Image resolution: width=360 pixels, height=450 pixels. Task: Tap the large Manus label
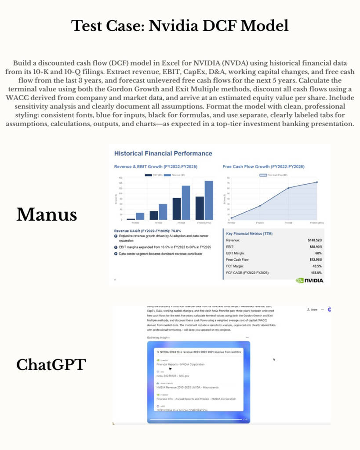point(47,214)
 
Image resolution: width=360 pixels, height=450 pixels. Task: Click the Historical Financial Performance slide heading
point(163,153)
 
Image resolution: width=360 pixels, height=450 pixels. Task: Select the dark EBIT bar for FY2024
point(177,208)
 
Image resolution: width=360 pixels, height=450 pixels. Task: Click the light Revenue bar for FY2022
point(140,216)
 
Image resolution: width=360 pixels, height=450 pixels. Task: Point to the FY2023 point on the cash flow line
point(260,205)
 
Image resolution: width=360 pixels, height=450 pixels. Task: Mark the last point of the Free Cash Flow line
point(317,182)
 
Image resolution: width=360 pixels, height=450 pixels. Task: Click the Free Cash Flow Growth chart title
point(263,167)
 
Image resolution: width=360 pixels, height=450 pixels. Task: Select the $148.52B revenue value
point(314,240)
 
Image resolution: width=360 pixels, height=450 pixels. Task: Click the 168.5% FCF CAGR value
point(315,273)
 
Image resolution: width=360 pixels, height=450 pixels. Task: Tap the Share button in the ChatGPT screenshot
point(312,309)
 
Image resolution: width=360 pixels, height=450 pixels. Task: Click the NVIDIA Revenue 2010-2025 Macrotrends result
point(187,387)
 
